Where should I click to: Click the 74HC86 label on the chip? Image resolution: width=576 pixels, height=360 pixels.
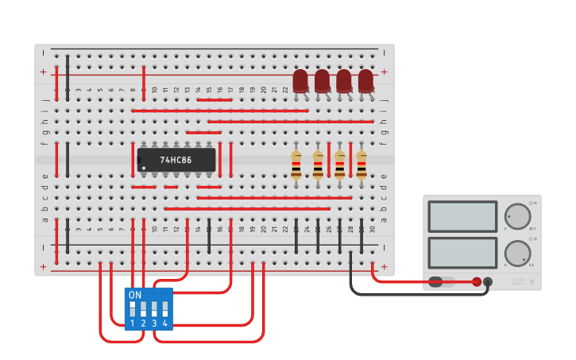pyautogui.click(x=176, y=160)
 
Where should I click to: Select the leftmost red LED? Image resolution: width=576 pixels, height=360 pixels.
pyautogui.click(x=300, y=81)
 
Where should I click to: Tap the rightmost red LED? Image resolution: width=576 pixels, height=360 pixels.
pyautogui.click(x=365, y=81)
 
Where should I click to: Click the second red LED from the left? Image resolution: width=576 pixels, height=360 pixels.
pyautogui.click(x=322, y=81)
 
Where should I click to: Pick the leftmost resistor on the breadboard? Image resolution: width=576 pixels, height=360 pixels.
pyautogui.click(x=296, y=165)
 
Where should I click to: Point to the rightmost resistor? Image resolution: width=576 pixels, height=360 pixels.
pyautogui.click(x=361, y=165)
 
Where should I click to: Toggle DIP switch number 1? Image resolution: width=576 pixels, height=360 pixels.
pyautogui.click(x=133, y=307)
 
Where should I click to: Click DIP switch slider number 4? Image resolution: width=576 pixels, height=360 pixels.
pyautogui.click(x=165, y=307)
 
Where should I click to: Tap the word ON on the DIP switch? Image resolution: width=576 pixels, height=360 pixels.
pyautogui.click(x=135, y=295)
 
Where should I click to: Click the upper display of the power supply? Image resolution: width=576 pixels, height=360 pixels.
pyautogui.click(x=462, y=216)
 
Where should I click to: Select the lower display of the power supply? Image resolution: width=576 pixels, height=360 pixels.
pyautogui.click(x=462, y=253)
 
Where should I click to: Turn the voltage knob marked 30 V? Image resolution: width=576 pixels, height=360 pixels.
pyautogui.click(x=517, y=216)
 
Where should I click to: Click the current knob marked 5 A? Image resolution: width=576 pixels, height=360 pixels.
pyautogui.click(x=517, y=254)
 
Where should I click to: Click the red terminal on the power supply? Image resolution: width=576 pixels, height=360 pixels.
pyautogui.click(x=477, y=281)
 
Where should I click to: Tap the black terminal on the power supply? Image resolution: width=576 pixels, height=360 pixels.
pyautogui.click(x=488, y=281)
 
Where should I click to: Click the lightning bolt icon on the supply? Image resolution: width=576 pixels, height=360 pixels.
pyautogui.click(x=532, y=281)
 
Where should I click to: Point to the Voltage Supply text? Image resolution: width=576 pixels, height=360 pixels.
pyautogui.click(x=517, y=281)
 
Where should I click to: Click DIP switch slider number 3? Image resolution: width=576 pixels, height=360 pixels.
pyautogui.click(x=154, y=307)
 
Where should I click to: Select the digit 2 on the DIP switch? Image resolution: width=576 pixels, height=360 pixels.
pyautogui.click(x=143, y=323)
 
